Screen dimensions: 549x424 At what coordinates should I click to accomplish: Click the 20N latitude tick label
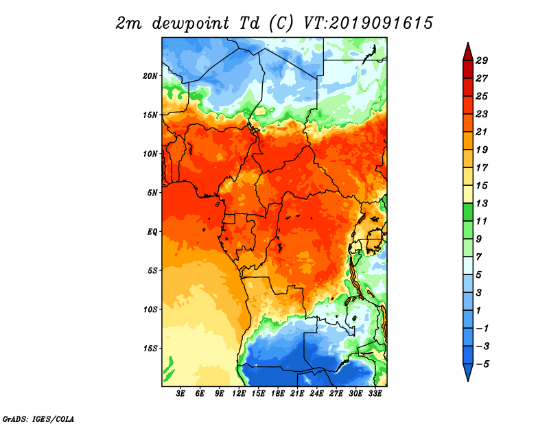coord(150,75)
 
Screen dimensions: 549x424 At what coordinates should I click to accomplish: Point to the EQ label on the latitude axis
coord(152,231)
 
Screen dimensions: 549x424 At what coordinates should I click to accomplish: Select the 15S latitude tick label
coord(150,349)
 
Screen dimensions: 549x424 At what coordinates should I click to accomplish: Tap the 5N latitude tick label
coord(152,193)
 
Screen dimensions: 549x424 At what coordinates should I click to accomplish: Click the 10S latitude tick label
coord(150,309)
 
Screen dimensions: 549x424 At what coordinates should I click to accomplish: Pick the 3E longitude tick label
coord(180,394)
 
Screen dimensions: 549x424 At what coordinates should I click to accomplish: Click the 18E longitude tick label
coord(278,394)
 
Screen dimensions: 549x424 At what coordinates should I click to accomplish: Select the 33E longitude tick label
coord(375,394)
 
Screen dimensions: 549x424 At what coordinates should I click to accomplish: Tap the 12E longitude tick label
coord(239,394)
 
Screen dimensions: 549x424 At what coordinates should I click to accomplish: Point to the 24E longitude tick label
coord(316,394)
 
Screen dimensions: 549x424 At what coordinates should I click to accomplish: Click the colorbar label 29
coord(482,60)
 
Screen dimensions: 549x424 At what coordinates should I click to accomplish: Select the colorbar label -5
coord(482,364)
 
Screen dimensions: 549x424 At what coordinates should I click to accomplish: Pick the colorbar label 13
coord(482,203)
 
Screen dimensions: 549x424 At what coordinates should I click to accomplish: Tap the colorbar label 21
coord(482,132)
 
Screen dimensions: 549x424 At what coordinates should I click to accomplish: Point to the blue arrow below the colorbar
coord(468,371)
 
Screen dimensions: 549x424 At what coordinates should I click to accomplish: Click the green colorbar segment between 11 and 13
coord(468,212)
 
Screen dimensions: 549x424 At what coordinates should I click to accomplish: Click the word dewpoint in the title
coord(191,23)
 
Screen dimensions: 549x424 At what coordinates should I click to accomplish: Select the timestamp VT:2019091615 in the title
coord(368,23)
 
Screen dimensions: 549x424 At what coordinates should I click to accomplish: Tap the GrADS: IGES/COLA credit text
coord(38,419)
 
